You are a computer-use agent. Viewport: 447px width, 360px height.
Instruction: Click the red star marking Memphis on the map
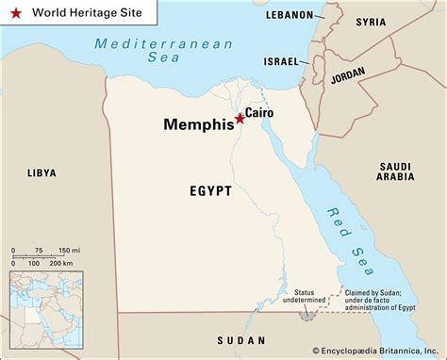point(239,119)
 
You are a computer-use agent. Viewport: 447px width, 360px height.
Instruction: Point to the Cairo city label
point(259,113)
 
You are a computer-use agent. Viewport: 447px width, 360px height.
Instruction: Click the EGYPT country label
point(209,190)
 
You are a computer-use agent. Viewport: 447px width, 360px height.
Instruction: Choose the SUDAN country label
point(241,339)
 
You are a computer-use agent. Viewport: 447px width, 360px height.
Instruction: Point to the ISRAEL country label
point(281,60)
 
